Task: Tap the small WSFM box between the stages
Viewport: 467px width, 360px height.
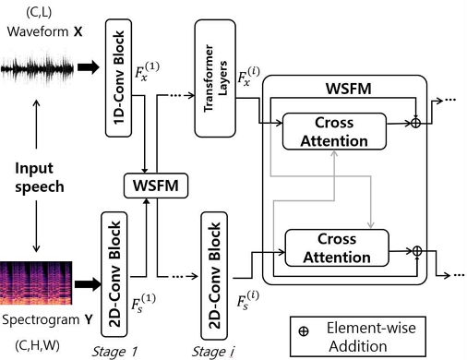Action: click(150, 187)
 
